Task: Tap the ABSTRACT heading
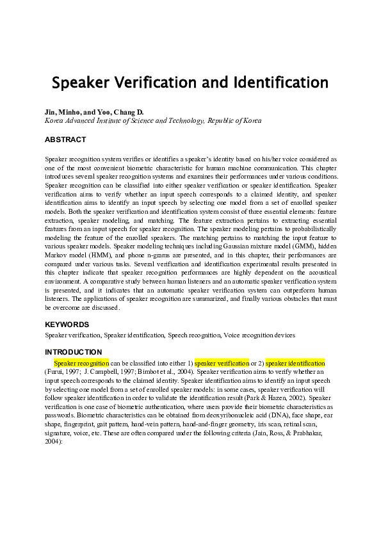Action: coord(65,139)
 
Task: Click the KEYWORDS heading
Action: coord(67,325)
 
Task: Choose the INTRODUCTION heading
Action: coord(73,351)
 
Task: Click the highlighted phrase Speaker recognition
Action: coord(81,363)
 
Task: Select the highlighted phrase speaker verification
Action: coord(222,363)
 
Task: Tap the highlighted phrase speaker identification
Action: coord(295,363)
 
